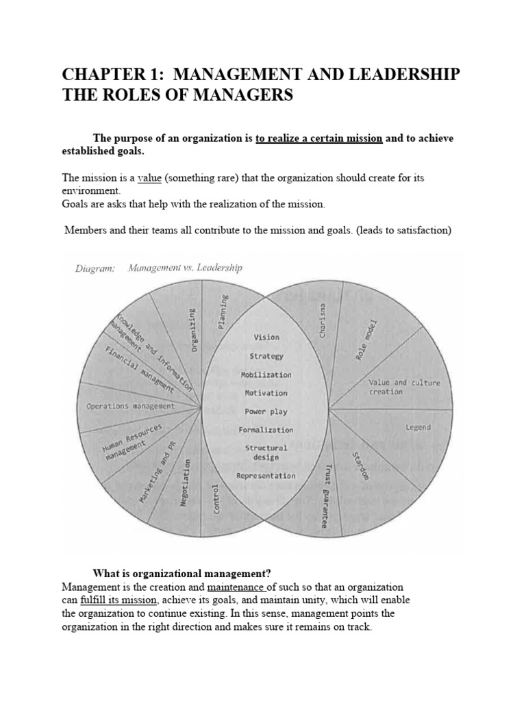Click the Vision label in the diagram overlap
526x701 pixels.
pyautogui.click(x=266, y=337)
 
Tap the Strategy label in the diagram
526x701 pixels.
pyautogui.click(x=266, y=356)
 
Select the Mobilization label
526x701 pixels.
pyautogui.click(x=266, y=374)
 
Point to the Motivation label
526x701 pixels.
pyautogui.click(x=266, y=393)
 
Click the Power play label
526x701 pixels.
pyautogui.click(x=266, y=411)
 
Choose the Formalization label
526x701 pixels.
pyautogui.click(x=266, y=430)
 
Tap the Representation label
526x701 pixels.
pyautogui.click(x=266, y=476)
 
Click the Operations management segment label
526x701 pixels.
pyautogui.click(x=130, y=406)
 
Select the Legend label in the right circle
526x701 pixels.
pyautogui.click(x=418, y=427)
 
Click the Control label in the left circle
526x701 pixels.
pyautogui.click(x=216, y=498)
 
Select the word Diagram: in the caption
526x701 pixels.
pyautogui.click(x=95, y=268)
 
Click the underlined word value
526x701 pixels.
pyautogui.click(x=149, y=178)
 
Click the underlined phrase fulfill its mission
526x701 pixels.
pyautogui.click(x=118, y=600)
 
